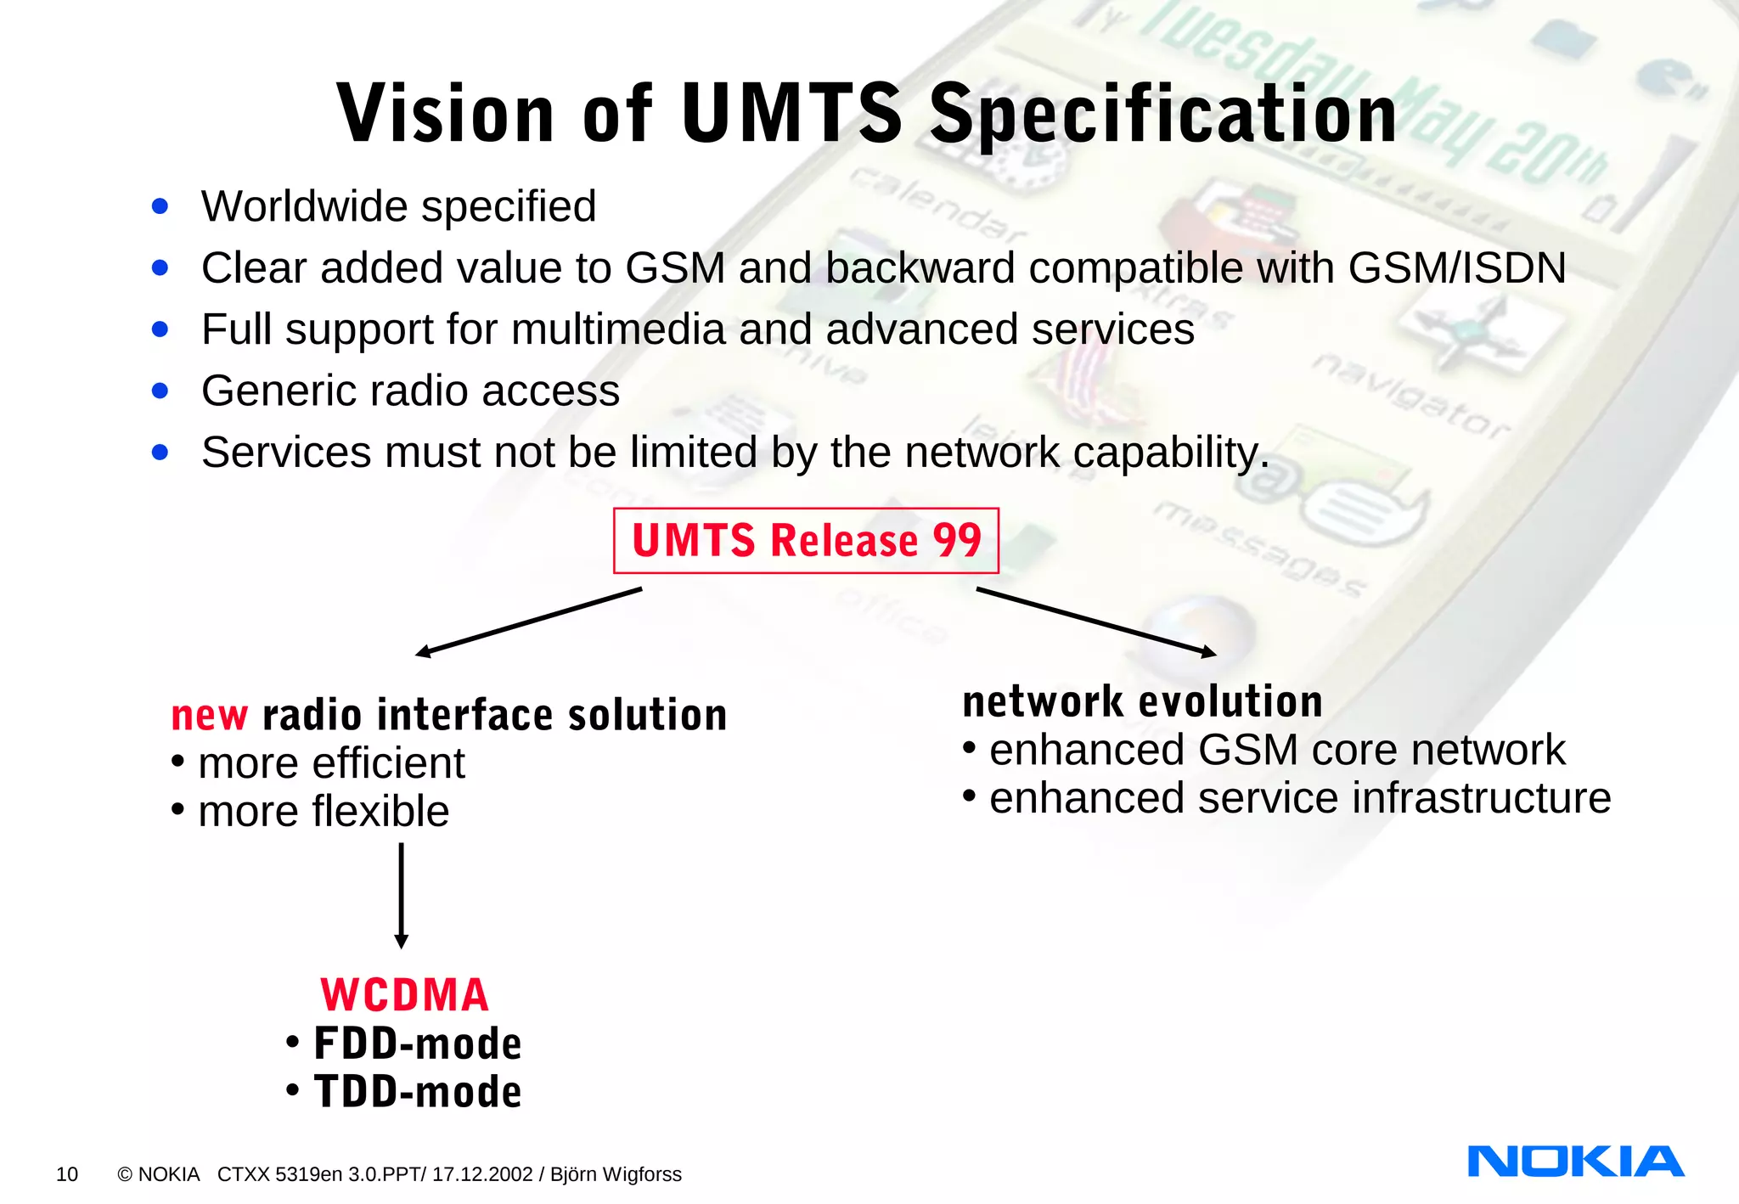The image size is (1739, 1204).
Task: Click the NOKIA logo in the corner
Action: (1575, 1162)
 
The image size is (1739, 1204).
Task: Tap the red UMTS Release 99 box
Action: (806, 541)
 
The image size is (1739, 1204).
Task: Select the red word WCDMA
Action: (405, 995)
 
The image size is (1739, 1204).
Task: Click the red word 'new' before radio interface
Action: (209, 716)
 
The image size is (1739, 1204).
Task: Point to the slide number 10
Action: (67, 1174)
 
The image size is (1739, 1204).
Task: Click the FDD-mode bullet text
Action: (417, 1044)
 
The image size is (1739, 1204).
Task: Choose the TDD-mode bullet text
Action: (417, 1092)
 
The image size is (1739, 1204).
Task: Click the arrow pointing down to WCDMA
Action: (402, 896)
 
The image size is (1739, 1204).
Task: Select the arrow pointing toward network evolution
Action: (1096, 622)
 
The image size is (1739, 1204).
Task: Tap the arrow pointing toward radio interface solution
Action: (528, 622)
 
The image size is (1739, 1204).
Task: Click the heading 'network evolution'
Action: (1142, 702)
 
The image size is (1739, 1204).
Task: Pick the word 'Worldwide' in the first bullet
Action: (304, 206)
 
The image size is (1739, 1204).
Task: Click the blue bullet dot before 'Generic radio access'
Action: (160, 391)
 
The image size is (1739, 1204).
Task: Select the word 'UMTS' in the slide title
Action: (791, 113)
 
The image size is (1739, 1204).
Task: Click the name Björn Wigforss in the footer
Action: (616, 1174)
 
